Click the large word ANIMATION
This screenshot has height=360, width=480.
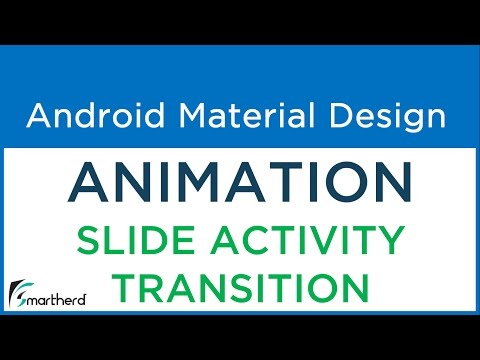pyautogui.click(x=240, y=183)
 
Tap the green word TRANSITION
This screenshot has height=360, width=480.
pyautogui.click(x=240, y=288)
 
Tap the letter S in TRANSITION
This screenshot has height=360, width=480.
pyautogui.click(x=236, y=288)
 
